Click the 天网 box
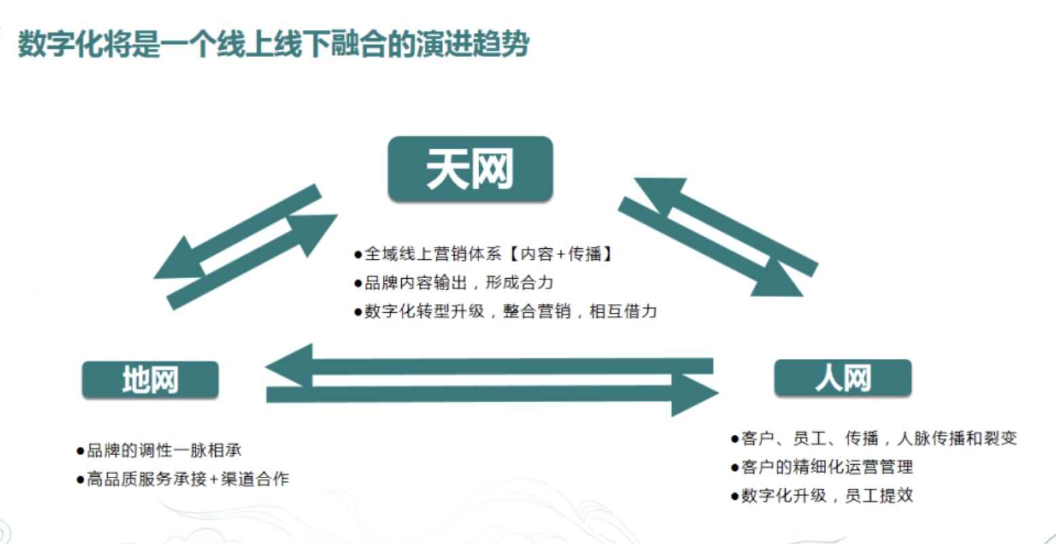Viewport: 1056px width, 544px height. [x=470, y=169]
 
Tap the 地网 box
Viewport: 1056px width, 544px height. [x=150, y=380]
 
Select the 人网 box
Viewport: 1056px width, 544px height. [x=843, y=378]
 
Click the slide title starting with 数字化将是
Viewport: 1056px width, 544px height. [x=274, y=44]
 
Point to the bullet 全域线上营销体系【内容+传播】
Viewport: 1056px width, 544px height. [x=483, y=254]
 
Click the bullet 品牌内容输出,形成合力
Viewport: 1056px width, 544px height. [x=453, y=283]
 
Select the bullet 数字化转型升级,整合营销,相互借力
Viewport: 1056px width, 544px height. [x=506, y=311]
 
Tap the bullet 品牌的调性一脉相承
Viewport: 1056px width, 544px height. [x=159, y=450]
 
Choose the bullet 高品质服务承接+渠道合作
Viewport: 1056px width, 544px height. [x=183, y=479]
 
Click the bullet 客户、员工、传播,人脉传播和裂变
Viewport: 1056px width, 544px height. [x=873, y=438]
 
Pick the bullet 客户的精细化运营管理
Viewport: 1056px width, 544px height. [x=822, y=467]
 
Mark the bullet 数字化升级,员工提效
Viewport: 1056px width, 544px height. [x=822, y=495]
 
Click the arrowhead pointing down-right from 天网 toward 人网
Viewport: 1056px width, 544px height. [x=778, y=280]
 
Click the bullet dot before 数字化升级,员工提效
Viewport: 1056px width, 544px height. [x=734, y=497]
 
